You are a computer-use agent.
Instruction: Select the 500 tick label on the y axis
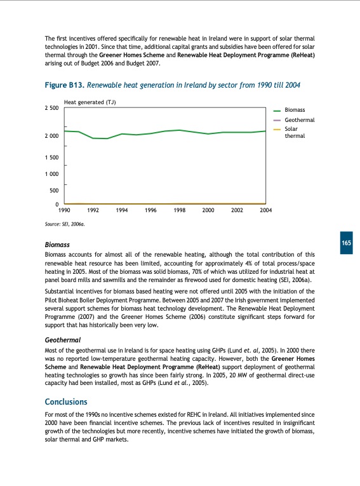54,190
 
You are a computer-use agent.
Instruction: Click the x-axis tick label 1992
93,210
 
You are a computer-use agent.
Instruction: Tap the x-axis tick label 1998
180,210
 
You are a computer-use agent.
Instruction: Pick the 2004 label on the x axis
266,210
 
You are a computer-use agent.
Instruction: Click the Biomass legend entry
295,110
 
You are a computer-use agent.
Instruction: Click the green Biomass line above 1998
180,130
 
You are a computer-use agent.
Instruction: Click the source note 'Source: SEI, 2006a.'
65,224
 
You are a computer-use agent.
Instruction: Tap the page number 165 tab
346,244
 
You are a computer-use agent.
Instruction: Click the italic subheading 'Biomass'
57,245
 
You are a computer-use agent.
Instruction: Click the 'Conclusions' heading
66,402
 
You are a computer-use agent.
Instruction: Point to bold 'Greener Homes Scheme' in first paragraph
132,55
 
